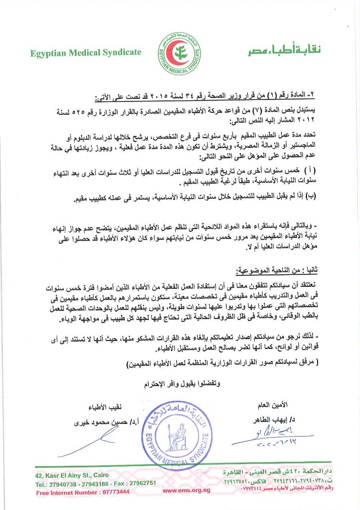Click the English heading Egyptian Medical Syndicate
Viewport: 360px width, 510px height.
[86, 53]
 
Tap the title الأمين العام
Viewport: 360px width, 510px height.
[273, 405]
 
